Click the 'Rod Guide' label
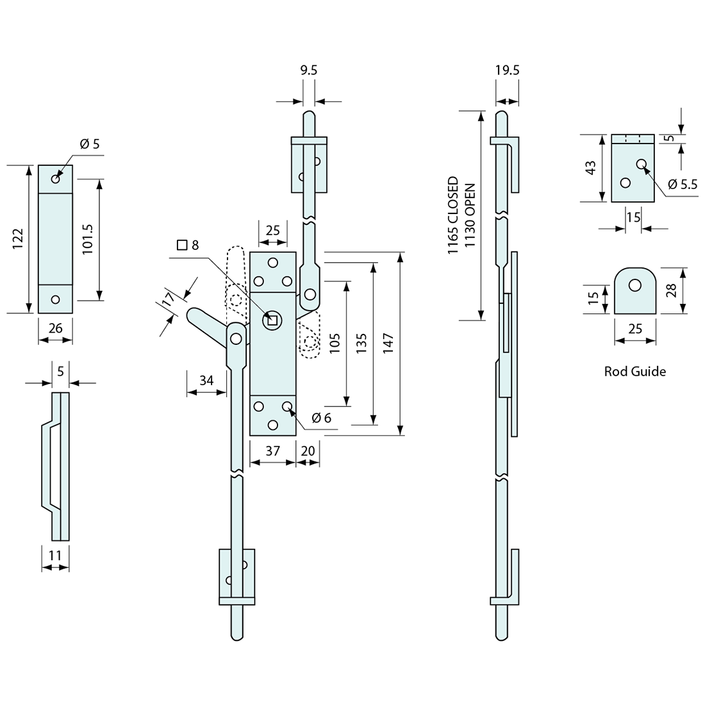(x=634, y=371)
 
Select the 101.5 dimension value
(x=88, y=240)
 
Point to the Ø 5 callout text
(x=90, y=144)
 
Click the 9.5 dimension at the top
(x=308, y=70)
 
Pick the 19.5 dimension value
(x=507, y=70)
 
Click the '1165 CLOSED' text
(x=453, y=217)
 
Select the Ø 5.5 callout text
(x=682, y=184)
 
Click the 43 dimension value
(x=591, y=168)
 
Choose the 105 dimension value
(x=335, y=344)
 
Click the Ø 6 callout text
(x=321, y=418)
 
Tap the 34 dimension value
(x=206, y=380)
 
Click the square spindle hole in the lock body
(x=272, y=319)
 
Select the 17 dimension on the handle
(x=168, y=299)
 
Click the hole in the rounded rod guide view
(x=634, y=285)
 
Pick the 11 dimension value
(x=55, y=556)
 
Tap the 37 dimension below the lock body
(x=272, y=451)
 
